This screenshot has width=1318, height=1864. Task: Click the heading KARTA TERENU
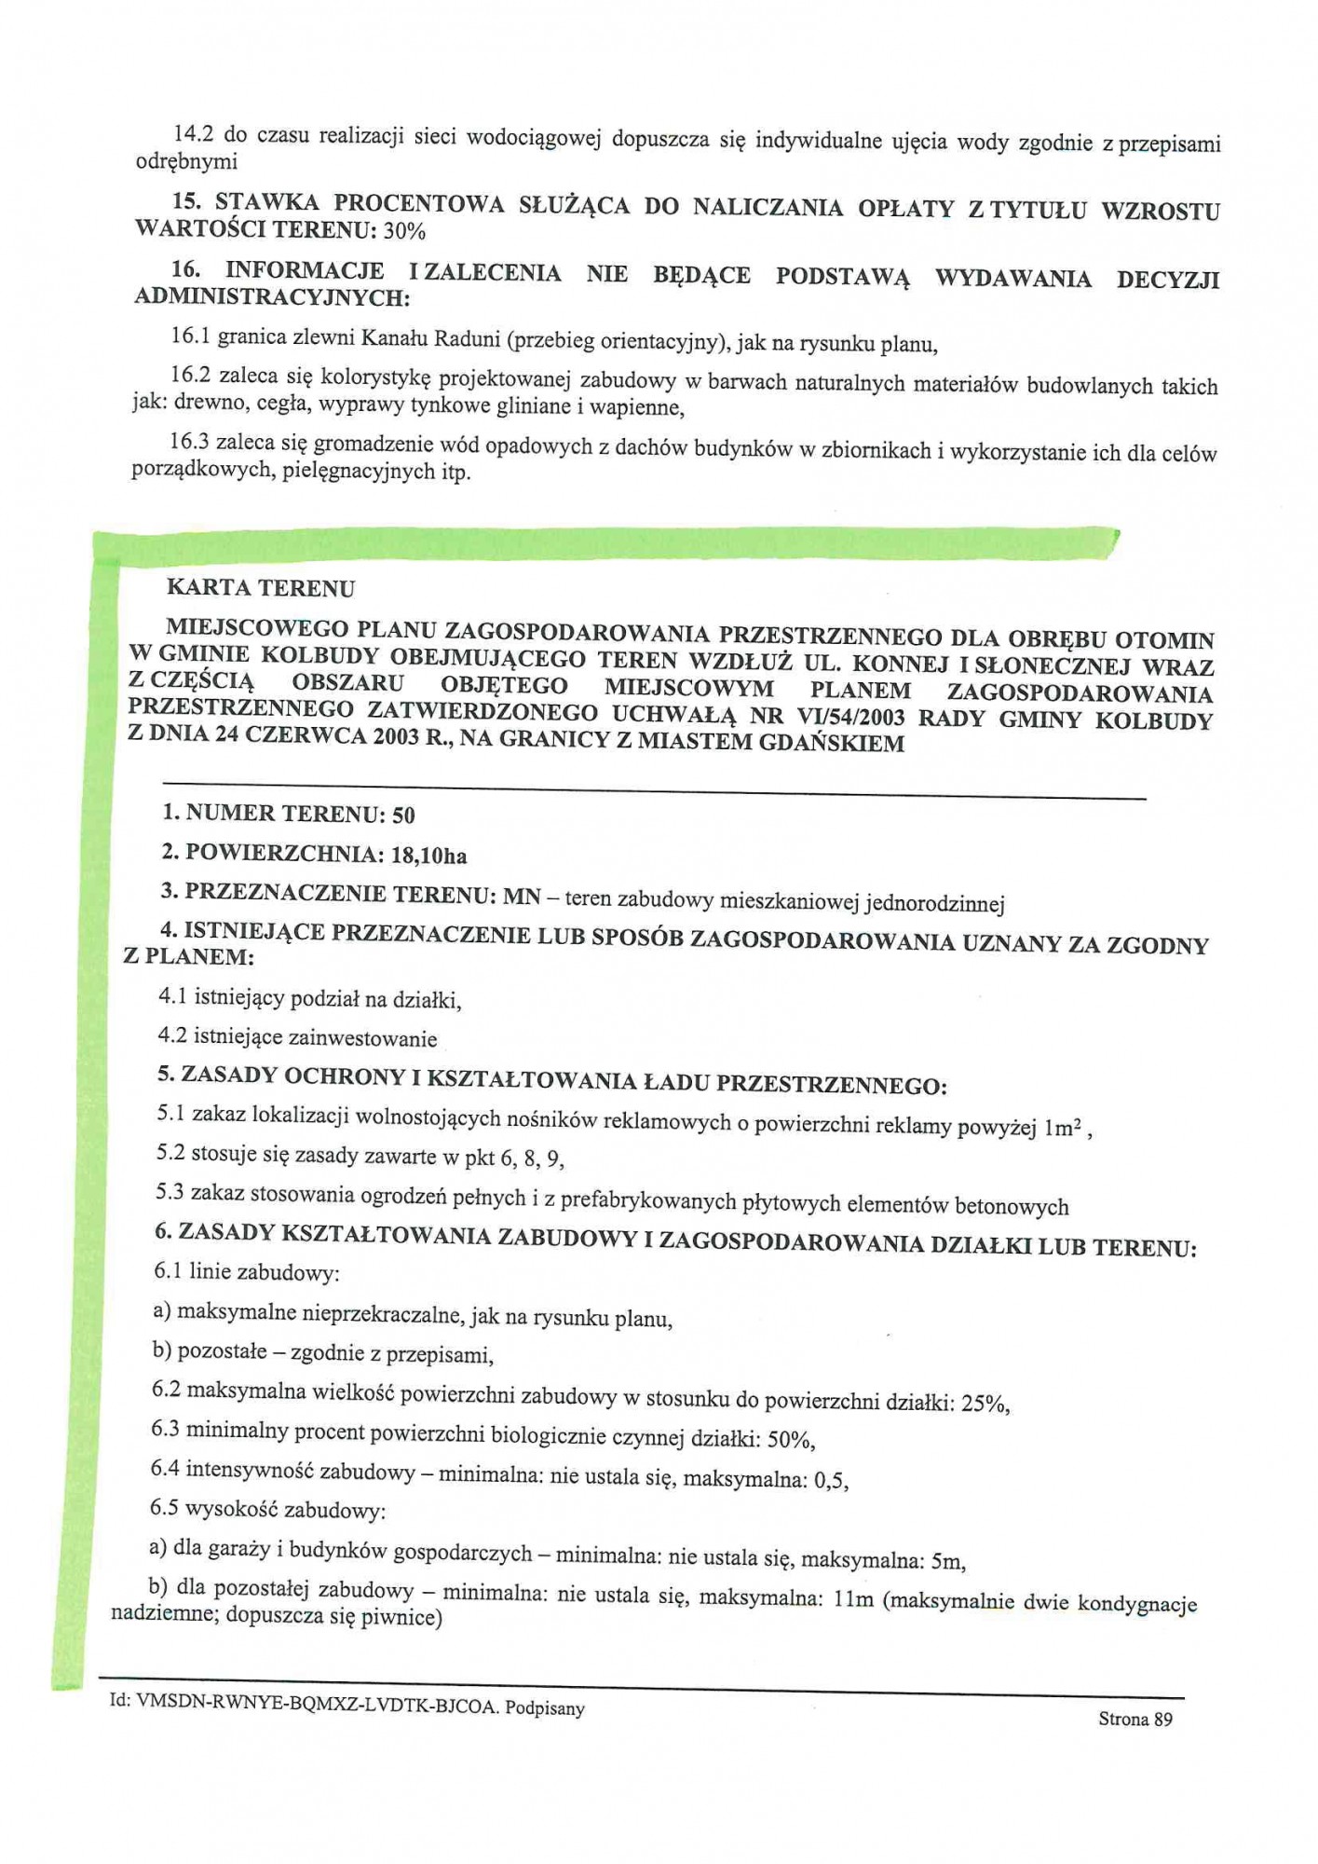point(261,588)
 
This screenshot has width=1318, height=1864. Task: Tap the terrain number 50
point(403,815)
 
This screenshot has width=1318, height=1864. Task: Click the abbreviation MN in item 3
point(522,897)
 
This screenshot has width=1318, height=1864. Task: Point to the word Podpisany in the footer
point(545,1708)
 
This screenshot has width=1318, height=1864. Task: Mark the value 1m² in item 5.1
point(1063,1128)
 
